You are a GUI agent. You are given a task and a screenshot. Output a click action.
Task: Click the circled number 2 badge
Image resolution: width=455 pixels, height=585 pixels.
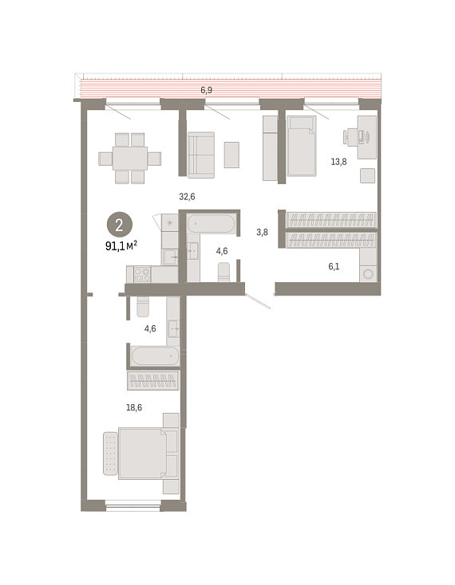120,225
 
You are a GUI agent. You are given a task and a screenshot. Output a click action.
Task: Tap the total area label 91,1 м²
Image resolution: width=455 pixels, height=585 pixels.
121,246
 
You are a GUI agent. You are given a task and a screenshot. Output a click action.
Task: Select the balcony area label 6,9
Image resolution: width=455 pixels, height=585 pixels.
206,90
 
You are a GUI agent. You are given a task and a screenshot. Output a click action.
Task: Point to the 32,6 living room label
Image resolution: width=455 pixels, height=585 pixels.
187,197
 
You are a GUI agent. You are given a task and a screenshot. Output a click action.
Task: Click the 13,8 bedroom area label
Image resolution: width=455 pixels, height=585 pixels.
338,162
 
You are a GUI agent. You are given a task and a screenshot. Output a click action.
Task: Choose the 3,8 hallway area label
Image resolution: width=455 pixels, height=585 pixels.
262,232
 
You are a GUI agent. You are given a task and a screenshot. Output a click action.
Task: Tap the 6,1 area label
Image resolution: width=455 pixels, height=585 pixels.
334,266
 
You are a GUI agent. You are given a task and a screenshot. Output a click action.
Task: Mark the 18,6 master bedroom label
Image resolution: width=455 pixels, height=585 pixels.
134,407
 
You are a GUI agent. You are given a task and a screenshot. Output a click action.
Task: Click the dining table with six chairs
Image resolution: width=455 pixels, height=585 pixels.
129,158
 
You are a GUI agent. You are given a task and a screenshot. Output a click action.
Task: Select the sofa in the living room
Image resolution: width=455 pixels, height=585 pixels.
201,155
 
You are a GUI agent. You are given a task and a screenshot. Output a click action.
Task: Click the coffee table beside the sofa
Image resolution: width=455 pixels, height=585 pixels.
231,155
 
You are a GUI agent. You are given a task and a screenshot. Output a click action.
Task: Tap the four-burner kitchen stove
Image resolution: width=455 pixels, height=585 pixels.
142,274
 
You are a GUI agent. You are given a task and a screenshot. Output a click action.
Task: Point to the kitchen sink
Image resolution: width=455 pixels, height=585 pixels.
170,257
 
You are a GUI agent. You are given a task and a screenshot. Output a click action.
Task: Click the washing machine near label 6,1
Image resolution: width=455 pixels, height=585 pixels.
368,274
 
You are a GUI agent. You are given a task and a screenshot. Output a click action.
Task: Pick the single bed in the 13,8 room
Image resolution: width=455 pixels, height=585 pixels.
302,146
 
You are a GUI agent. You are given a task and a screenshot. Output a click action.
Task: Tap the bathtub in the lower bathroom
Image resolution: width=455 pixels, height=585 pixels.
155,356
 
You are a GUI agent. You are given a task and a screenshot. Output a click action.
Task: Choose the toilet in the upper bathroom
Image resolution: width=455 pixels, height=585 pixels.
224,272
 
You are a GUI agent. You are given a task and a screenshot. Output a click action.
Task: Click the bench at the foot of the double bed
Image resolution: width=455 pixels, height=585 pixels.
110,453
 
